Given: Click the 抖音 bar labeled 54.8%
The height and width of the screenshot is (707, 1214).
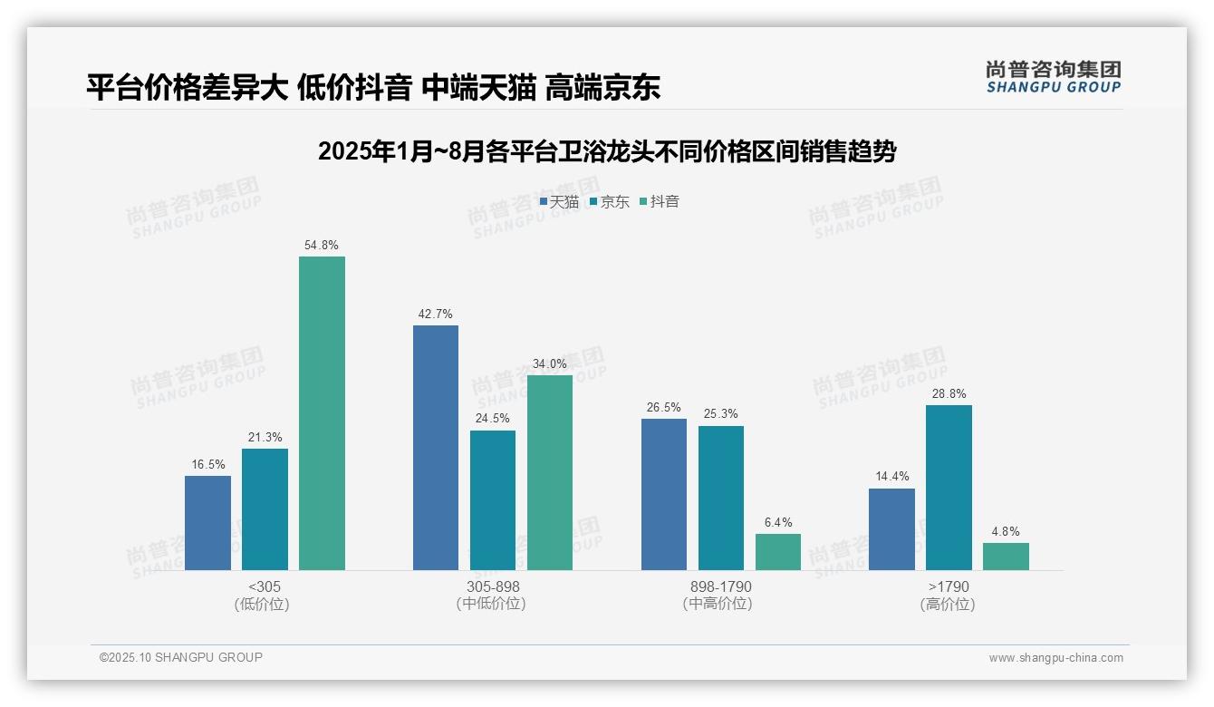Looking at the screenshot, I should pos(322,413).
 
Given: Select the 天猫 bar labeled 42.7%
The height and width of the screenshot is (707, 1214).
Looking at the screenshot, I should pos(436,448).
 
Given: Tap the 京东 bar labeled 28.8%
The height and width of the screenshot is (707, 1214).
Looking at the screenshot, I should pos(949,488).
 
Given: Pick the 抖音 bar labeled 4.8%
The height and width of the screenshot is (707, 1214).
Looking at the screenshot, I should pos(1006,557).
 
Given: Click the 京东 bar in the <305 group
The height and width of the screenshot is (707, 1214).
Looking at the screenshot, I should pos(265,509).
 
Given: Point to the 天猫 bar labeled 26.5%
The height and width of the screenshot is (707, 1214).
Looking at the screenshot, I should pos(663,494).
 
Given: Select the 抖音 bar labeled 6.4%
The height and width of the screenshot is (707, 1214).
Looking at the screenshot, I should pos(778,552).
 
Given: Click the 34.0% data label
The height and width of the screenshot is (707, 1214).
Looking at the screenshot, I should pos(550,364).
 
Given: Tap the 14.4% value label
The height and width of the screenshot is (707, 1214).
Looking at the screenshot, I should pos(891,477).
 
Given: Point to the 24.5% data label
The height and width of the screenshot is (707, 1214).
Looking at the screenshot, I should pos(493,419).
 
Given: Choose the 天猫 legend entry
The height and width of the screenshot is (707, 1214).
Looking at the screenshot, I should pos(559,202).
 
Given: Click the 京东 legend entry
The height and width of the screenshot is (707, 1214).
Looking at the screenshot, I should pos(609,202).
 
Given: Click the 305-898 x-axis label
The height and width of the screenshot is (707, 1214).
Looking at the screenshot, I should pos(493,587).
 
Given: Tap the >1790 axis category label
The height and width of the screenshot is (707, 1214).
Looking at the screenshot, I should pos(949,587).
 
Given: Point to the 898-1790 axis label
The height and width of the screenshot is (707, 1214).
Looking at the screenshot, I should pos(720,587).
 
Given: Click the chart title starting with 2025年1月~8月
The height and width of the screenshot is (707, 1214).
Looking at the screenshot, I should pos(606,151).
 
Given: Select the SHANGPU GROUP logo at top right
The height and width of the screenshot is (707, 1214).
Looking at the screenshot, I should pos(1053,76).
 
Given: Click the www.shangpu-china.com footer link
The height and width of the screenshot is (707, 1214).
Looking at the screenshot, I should pos(1055,658).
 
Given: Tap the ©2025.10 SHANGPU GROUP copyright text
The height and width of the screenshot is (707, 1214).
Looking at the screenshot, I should pos(181,658).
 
